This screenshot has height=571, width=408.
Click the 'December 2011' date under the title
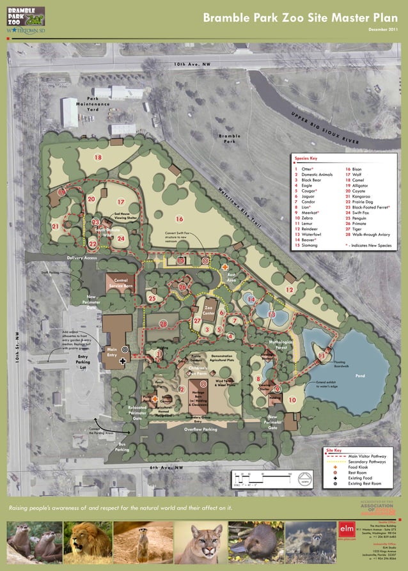[x=383, y=29]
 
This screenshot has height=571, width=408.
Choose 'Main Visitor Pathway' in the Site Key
[x=372, y=456]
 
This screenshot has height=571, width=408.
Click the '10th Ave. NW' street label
[x=191, y=65]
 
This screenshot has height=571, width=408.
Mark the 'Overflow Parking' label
[x=201, y=430]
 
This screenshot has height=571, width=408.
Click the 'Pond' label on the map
[x=360, y=376]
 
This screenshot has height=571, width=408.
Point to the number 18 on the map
[x=98, y=157]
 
